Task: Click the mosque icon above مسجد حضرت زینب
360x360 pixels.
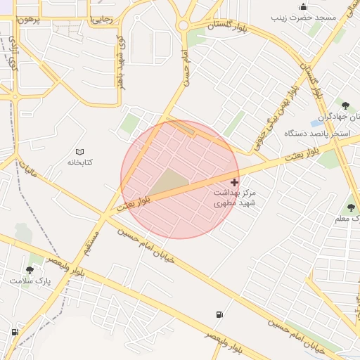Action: click(x=303, y=6)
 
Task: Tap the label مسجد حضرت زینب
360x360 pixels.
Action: click(x=303, y=16)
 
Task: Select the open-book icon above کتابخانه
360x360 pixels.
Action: click(x=79, y=152)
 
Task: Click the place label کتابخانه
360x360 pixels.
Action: click(x=79, y=162)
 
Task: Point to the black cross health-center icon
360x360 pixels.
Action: click(x=234, y=182)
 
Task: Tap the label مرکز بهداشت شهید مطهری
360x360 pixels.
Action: click(x=235, y=197)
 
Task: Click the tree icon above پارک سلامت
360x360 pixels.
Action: click(x=30, y=270)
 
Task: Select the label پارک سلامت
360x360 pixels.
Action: click(x=30, y=281)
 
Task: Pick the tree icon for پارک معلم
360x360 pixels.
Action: click(x=351, y=207)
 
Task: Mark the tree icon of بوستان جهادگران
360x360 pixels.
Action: click(x=345, y=105)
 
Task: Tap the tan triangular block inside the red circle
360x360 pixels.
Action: click(x=169, y=183)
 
